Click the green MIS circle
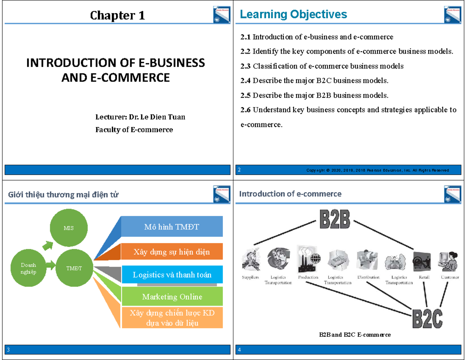[69, 228]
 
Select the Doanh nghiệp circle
[28, 268]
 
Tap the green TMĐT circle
[74, 268]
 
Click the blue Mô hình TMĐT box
[172, 227]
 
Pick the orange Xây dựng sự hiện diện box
[172, 252]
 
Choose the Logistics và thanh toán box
[172, 275]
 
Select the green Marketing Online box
[172, 297]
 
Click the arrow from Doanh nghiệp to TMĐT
[51, 266]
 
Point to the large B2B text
[334, 219]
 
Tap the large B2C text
[428, 319]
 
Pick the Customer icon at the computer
[449, 261]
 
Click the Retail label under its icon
[424, 277]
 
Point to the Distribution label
[368, 277]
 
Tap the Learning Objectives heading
[293, 14]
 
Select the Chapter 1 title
[118, 16]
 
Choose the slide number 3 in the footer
[9, 350]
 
